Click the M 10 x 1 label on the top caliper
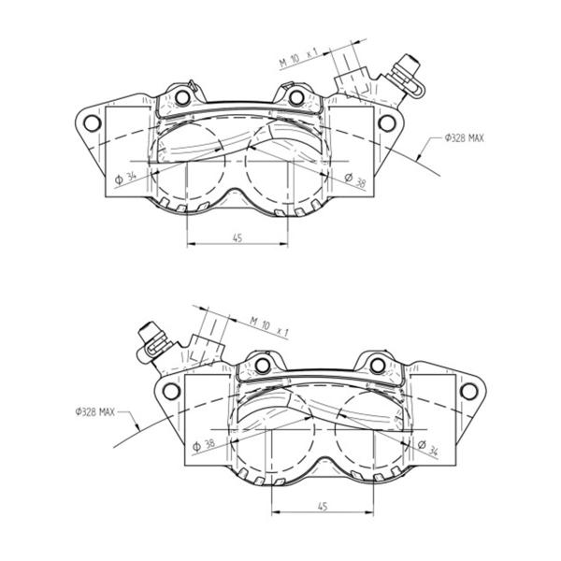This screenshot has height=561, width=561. [x=299, y=58]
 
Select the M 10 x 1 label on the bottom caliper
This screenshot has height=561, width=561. [x=269, y=326]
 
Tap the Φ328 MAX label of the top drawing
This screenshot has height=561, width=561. [x=464, y=137]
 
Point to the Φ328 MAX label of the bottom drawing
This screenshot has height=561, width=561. [x=94, y=411]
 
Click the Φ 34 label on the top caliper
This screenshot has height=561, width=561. [x=125, y=178]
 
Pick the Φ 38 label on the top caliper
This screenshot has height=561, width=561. [x=355, y=180]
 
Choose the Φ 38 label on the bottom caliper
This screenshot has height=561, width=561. [x=204, y=445]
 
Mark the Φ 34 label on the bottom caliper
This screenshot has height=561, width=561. [x=428, y=448]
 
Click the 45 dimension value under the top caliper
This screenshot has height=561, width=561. [x=237, y=237]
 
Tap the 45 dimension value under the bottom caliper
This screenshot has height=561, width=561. [x=323, y=506]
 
